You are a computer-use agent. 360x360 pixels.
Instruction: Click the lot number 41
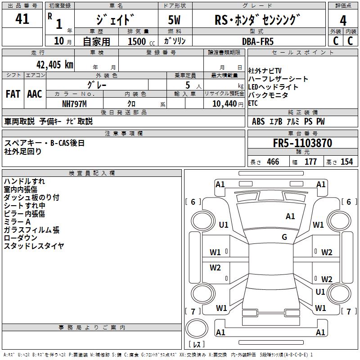point(22,19)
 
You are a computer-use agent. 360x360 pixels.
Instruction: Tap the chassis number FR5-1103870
point(302,143)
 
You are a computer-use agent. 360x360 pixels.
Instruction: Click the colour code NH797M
point(74,103)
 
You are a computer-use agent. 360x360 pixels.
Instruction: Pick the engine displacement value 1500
point(137,41)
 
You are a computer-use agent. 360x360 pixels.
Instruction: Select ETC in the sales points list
point(254,103)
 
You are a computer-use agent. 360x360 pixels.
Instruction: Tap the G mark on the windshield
point(284,237)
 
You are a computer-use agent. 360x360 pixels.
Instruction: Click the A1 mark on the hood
point(290,216)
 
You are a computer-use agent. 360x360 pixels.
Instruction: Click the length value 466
point(273,162)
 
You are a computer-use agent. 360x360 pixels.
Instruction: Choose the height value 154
point(346,162)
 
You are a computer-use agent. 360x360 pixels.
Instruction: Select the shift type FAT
point(13,94)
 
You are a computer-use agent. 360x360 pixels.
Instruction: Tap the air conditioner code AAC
point(35,94)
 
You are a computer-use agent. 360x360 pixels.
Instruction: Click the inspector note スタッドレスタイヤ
point(34,246)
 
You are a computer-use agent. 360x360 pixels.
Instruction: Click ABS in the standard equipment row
point(258,121)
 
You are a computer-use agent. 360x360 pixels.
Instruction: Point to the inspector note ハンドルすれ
point(24,181)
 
